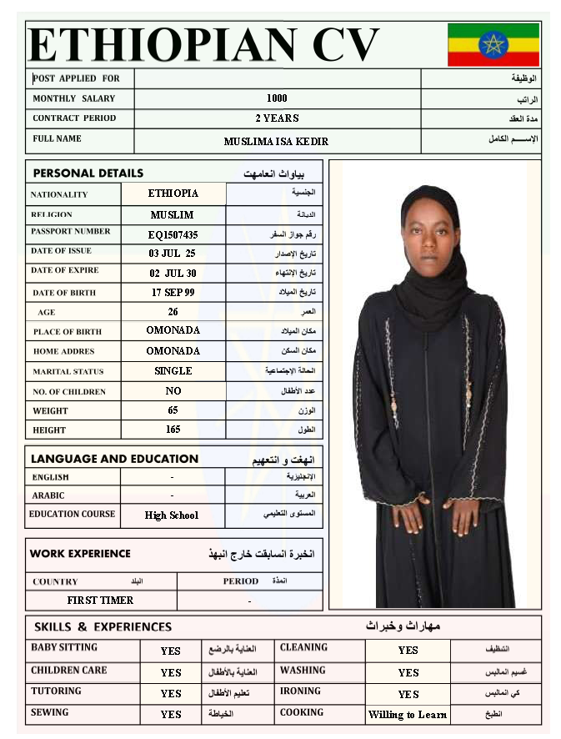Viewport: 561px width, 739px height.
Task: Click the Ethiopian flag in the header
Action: (493, 44)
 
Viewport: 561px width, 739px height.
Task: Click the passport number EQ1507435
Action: (173, 235)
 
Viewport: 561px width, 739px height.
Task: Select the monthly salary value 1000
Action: (277, 98)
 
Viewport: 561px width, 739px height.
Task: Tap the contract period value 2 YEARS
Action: (277, 118)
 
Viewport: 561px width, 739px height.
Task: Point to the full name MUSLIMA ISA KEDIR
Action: (276, 142)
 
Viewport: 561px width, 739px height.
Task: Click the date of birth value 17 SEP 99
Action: (173, 293)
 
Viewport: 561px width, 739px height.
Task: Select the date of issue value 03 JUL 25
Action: (173, 254)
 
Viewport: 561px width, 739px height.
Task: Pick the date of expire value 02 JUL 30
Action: (173, 273)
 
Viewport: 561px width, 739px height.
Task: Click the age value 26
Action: (173, 312)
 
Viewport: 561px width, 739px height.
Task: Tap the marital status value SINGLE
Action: (173, 371)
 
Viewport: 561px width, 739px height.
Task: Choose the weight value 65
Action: (173, 410)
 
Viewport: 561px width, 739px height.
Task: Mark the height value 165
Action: (173, 430)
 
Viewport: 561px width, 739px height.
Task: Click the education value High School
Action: (172, 515)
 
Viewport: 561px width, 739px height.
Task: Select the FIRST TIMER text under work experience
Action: (100, 601)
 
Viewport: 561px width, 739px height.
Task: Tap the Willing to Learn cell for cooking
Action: (408, 715)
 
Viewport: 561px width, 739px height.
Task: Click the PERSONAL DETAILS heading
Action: (88, 173)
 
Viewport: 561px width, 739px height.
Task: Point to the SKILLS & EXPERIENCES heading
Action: (103, 626)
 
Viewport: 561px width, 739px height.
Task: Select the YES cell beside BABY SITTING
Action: (171, 651)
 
